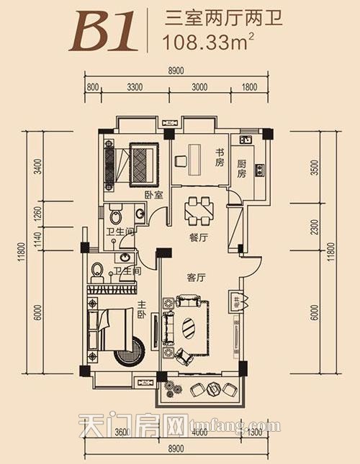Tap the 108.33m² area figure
(209, 42)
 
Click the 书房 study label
(220, 158)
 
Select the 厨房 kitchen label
(241, 168)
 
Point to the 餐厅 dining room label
(199, 237)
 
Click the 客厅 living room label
(196, 278)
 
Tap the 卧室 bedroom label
(154, 195)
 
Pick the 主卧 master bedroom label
(141, 309)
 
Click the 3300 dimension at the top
(135, 87)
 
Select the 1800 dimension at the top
(249, 87)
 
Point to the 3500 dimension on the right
(315, 168)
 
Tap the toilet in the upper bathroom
(116, 214)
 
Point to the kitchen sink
(246, 140)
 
